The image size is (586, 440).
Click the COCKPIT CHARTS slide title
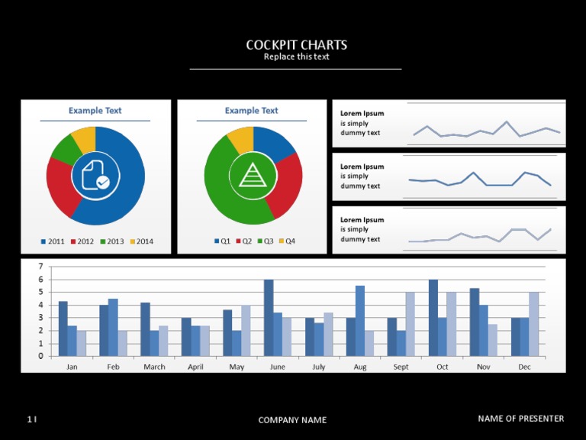point(296,45)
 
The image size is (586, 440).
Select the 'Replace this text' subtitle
point(296,57)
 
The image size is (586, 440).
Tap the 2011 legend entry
point(53,242)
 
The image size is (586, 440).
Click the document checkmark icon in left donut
point(95,176)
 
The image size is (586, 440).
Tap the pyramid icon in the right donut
point(253,176)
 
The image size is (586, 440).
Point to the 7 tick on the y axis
point(40,267)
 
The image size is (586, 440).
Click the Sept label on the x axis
point(401,367)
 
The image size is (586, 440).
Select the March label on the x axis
point(154,367)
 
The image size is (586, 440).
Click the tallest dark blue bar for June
point(269,317)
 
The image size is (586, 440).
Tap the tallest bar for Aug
point(360,321)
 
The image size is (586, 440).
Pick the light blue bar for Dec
point(533,324)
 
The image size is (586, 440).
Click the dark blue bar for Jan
point(63,328)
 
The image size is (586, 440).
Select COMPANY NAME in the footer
point(292,420)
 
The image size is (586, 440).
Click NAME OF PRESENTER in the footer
point(521,419)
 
